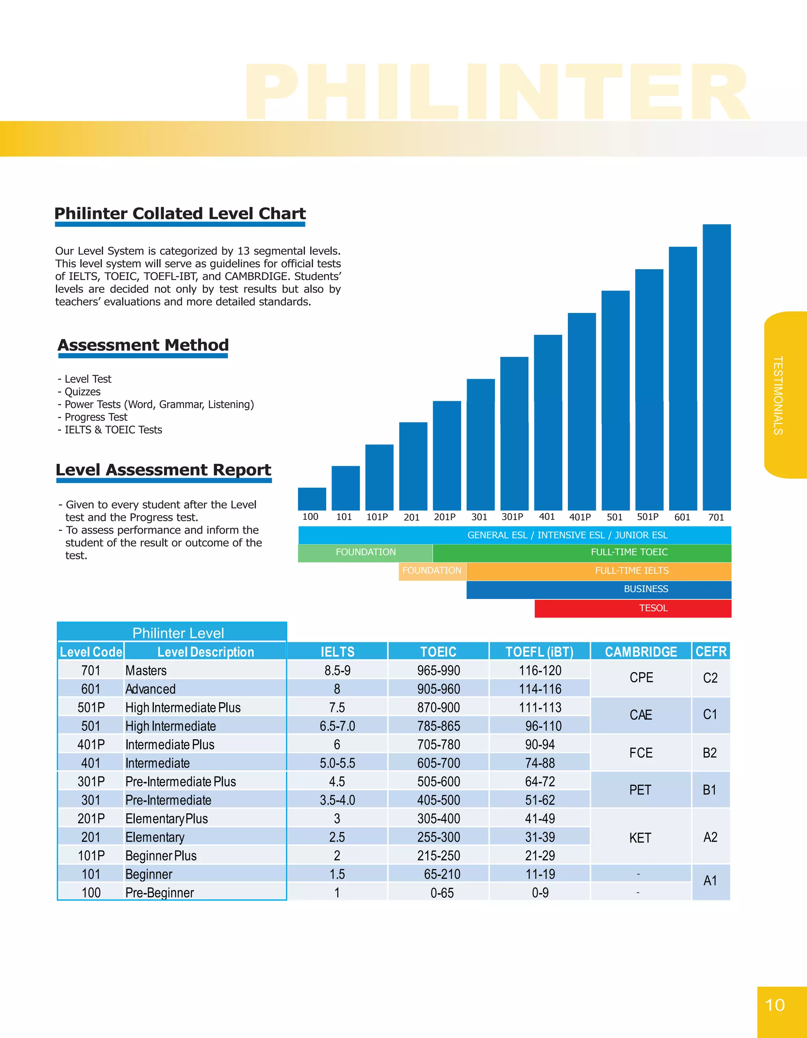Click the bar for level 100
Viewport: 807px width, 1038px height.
tap(312, 499)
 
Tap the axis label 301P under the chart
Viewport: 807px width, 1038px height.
tap(512, 517)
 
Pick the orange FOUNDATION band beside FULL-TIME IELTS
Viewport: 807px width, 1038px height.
tap(432, 571)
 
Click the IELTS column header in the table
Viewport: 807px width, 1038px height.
tap(337, 651)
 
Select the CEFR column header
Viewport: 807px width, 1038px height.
tap(710, 651)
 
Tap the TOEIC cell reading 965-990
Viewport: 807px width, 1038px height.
tap(438, 671)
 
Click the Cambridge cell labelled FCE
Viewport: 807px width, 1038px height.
tap(641, 753)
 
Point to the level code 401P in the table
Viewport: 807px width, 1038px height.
tap(91, 745)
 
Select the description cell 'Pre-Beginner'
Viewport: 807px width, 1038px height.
tap(160, 893)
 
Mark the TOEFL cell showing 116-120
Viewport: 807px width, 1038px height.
tap(540, 671)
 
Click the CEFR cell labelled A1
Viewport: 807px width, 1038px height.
tap(710, 881)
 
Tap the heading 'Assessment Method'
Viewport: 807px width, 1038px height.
tap(143, 345)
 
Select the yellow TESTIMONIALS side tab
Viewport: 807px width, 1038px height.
tap(784, 395)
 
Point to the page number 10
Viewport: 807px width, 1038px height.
tap(775, 1005)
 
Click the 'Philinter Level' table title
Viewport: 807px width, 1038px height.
tap(178, 633)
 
